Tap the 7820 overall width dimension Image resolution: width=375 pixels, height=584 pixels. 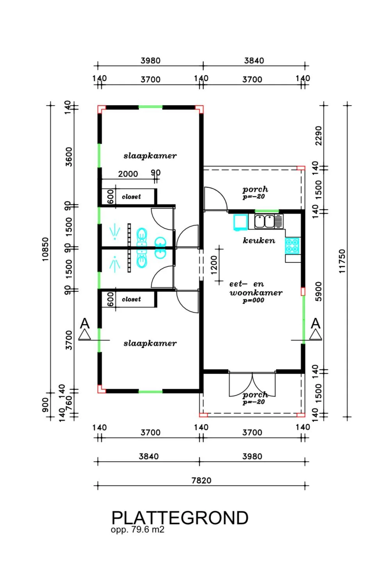click(x=201, y=480)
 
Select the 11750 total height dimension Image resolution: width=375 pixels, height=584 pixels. click(x=342, y=261)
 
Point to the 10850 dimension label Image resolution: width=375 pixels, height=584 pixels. click(x=45, y=249)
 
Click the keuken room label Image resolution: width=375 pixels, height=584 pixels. click(x=259, y=240)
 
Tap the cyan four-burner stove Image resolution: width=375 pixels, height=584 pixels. click(x=293, y=245)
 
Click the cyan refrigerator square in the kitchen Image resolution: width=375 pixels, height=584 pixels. click(x=241, y=222)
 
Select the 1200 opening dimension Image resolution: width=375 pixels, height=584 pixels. click(x=214, y=265)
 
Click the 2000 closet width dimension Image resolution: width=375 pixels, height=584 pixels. click(x=128, y=174)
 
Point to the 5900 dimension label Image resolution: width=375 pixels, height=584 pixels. click(x=318, y=292)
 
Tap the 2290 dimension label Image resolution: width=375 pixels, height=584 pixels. click(x=318, y=136)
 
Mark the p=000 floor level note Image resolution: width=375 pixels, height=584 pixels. click(x=253, y=300)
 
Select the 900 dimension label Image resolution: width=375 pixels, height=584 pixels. click(x=45, y=405)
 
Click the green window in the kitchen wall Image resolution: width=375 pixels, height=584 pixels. click(x=266, y=211)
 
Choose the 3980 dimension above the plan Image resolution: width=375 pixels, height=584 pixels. click(x=150, y=61)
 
